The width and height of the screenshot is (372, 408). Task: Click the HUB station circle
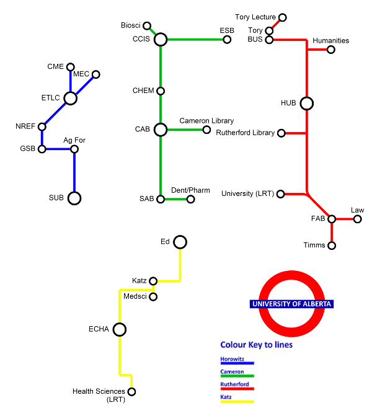306,104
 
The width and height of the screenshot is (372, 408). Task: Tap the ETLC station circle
71,98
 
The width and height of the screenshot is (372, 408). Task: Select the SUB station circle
74,198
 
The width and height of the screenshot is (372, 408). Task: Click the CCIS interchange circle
161,40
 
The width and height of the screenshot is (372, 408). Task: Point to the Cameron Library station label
206,120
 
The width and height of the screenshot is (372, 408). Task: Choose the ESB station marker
227,40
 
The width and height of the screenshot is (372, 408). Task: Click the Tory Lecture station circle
283,17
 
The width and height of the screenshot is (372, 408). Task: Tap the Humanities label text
330,41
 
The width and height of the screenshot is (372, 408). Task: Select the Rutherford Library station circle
281,133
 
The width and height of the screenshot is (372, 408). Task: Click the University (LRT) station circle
280,194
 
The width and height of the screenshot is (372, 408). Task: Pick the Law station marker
358,219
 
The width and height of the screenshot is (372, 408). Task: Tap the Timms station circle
332,246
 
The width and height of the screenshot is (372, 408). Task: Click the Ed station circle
180,241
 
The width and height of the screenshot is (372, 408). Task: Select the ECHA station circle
120,329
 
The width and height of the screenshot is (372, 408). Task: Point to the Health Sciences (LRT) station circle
131,391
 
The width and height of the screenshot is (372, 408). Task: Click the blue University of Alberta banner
291,304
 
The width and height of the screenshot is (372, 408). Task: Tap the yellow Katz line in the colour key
237,401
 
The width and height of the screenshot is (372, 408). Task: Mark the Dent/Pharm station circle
190,199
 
